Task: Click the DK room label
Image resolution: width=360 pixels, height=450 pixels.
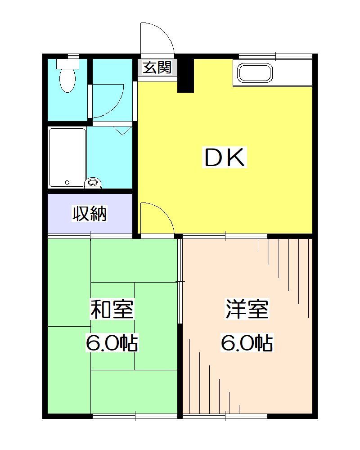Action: (x=225, y=158)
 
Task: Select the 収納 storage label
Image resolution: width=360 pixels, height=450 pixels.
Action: (x=90, y=214)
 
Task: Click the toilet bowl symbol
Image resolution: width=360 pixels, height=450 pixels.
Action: (x=67, y=80)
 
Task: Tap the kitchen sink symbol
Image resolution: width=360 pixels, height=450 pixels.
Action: (x=254, y=73)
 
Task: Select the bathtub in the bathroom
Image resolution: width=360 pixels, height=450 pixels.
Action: (x=67, y=157)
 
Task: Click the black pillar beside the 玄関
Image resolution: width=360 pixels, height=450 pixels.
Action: (x=185, y=74)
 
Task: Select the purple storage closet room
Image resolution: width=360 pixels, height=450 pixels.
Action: (x=90, y=214)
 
